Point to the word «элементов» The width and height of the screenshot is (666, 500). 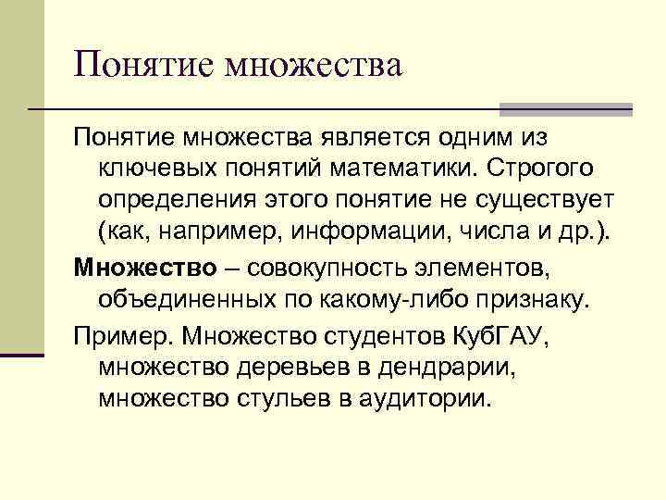pos(485,269)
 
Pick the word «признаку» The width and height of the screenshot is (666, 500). pos(533,300)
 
